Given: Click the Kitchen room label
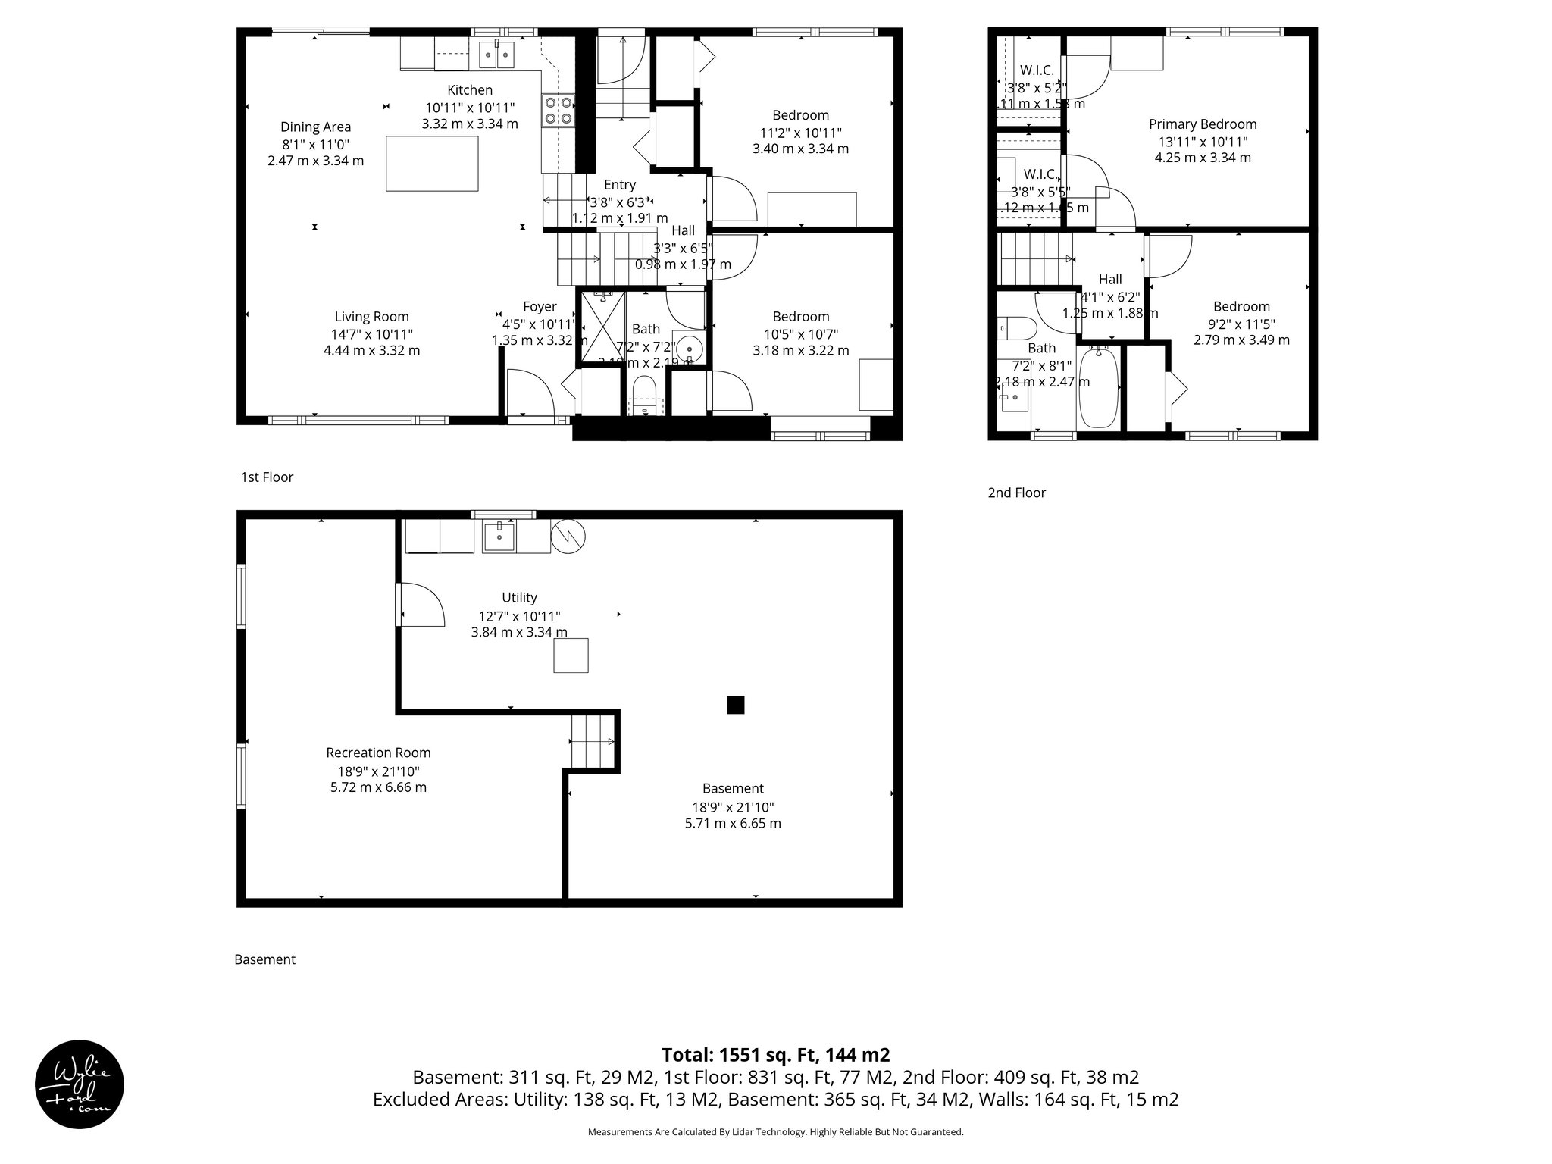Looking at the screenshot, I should point(470,90).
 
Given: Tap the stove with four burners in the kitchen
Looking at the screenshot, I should point(559,111).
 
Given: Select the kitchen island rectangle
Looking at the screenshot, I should point(432,163).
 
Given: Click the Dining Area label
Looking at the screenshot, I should point(315,127).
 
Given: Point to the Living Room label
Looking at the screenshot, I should point(371,317).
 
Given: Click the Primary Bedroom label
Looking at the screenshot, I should point(1203,124).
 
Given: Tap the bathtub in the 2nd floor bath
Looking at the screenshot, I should point(1098,388).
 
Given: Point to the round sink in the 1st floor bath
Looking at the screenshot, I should point(688,349).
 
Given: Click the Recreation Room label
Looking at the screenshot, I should point(378,753).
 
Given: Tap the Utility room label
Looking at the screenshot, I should point(519,597).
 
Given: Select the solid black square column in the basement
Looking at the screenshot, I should point(735,705).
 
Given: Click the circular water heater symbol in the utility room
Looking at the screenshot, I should point(568,536).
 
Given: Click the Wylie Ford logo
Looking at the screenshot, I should point(80,1084).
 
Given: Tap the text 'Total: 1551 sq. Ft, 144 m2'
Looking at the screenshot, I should point(775,1055).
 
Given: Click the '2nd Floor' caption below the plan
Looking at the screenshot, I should point(1016,493).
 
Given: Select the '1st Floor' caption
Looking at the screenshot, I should point(267,477).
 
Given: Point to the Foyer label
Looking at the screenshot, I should point(540,306).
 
